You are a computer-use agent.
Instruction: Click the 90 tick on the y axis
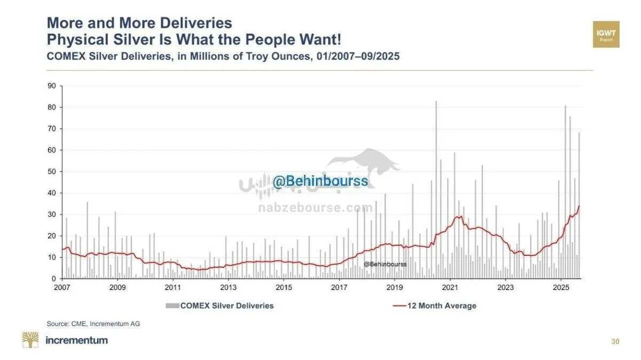click(53, 85)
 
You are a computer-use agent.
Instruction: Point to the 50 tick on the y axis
click(53, 171)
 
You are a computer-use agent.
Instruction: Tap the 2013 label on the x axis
click(228, 288)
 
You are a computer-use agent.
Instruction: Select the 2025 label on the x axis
click(560, 288)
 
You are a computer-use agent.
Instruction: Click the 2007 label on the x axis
click(62, 288)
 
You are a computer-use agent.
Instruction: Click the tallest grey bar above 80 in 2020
click(436, 102)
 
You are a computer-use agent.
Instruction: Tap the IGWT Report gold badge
click(606, 34)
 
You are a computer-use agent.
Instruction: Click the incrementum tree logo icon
click(30, 340)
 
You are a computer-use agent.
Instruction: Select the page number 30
click(615, 342)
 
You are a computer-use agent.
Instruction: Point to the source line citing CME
click(93, 324)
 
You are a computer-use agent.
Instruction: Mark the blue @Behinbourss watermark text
click(320, 181)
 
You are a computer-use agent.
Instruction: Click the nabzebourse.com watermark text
click(316, 208)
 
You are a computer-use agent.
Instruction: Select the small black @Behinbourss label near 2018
click(385, 264)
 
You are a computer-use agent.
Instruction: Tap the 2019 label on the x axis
click(394, 288)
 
